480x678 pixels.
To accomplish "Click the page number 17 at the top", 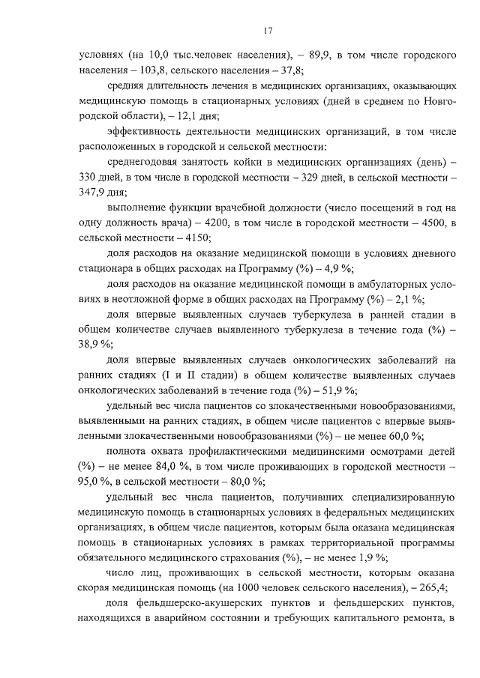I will [267, 30].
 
